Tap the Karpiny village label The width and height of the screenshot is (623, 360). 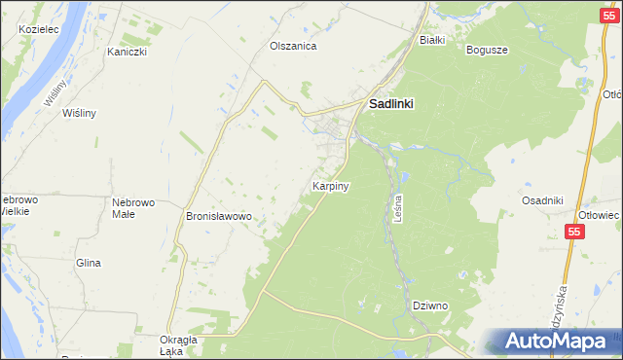[x=331, y=185]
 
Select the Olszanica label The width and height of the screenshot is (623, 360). [x=293, y=46]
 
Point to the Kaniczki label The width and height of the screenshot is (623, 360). [x=127, y=52]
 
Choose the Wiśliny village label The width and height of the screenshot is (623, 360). [x=79, y=113]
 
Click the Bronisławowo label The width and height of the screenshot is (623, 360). [x=219, y=216]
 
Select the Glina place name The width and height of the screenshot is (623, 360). [x=89, y=263]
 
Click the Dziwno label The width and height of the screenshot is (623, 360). [x=429, y=306]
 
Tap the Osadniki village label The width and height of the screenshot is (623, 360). [x=542, y=200]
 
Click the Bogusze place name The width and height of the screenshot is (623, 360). [x=487, y=50]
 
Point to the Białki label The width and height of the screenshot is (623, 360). [x=431, y=40]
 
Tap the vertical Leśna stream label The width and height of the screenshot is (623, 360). [x=400, y=207]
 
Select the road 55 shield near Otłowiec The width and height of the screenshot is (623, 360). [x=575, y=232]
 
